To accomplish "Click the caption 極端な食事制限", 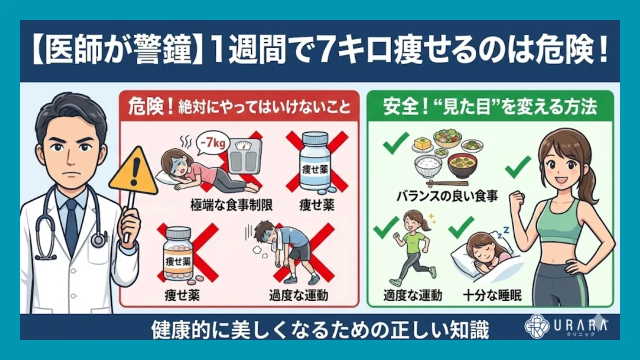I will point(231,205).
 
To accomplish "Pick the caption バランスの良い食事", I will point(447,195).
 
